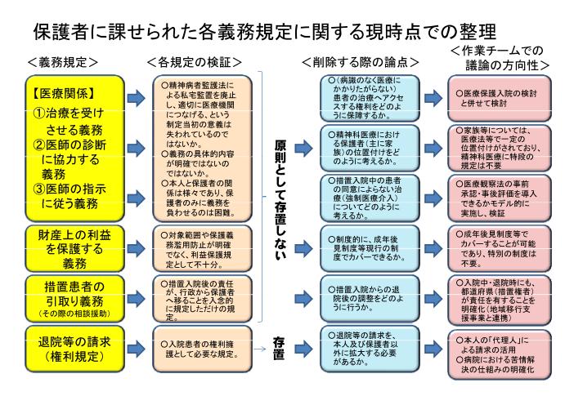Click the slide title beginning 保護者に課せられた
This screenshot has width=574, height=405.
point(264,32)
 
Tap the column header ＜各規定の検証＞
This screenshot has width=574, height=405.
point(195,62)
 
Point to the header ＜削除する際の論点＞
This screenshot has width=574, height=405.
point(360,62)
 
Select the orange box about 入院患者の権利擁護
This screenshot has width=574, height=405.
point(203,346)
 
